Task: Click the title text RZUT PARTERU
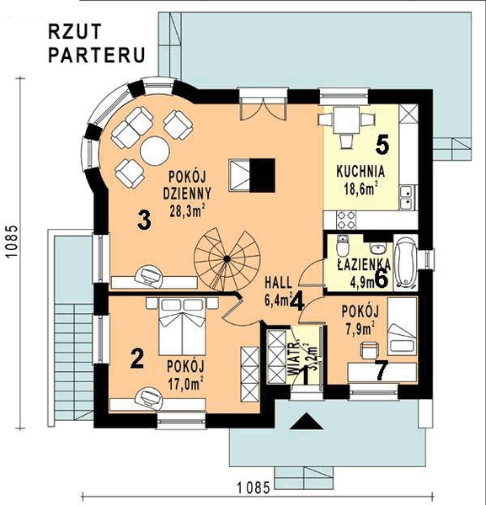pos(97,45)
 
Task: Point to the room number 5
pos(382,144)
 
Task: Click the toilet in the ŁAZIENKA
pos(342,248)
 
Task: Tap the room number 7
pos(381,369)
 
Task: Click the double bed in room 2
pos(177,328)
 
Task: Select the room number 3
pos(144,221)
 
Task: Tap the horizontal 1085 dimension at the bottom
pos(252,486)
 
